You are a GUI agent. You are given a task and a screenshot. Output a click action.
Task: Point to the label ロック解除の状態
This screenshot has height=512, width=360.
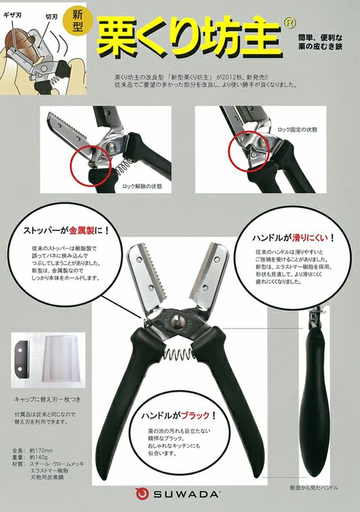(142, 187)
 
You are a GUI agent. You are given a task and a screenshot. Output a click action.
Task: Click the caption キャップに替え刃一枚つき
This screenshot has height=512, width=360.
(51, 397)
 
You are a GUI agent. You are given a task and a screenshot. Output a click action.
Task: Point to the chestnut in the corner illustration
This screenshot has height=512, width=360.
(18, 47)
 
